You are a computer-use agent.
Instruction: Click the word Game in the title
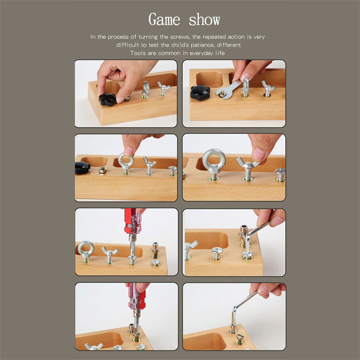click(164, 19)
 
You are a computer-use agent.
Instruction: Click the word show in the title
click(204, 20)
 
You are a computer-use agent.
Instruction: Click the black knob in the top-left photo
click(108, 99)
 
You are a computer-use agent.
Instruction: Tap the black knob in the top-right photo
click(200, 92)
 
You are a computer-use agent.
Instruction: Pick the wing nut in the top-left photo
click(163, 88)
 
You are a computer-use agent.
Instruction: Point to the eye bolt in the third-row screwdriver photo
click(85, 251)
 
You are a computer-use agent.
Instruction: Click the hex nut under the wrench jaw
click(222, 94)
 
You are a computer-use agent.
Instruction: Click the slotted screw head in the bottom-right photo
click(240, 337)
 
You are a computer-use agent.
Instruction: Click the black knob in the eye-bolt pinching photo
click(82, 167)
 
